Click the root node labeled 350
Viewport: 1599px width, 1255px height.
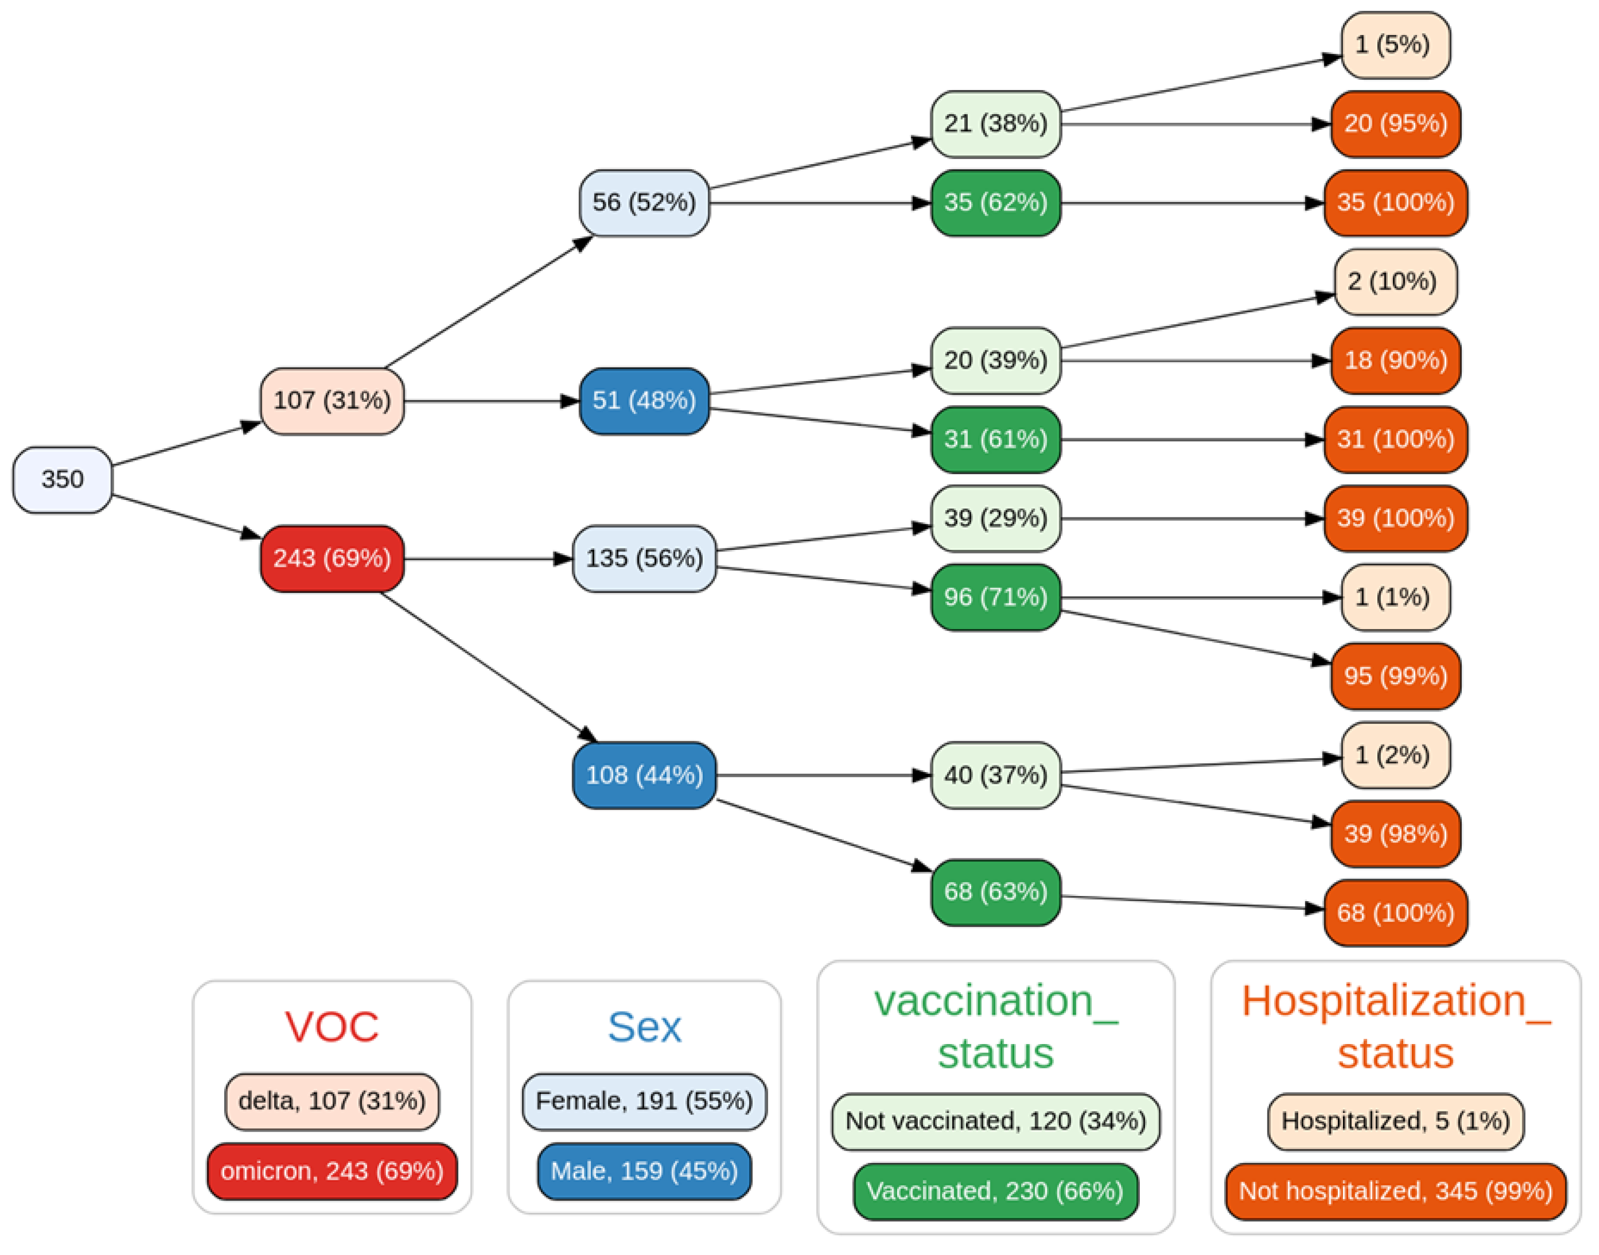point(62,480)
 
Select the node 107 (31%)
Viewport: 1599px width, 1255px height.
point(332,401)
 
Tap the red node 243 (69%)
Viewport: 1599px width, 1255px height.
point(332,559)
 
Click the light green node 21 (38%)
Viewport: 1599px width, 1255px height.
point(995,123)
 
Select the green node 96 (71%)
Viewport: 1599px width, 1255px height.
point(995,597)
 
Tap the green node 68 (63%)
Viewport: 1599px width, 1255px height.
point(995,892)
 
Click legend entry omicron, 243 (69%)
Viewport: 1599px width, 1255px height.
point(332,1171)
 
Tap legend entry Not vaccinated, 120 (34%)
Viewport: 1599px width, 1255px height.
point(995,1121)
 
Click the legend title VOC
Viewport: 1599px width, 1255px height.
point(332,1027)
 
